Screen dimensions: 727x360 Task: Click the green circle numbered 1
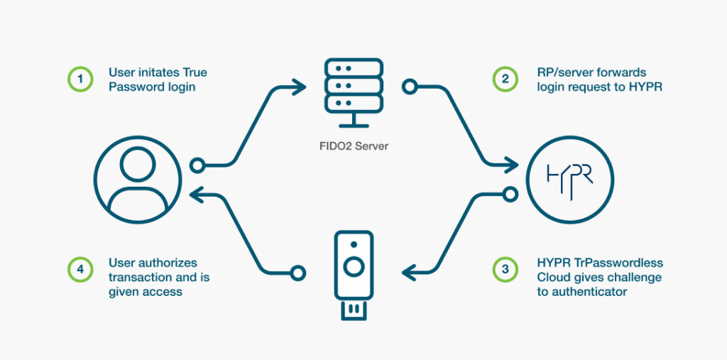click(80, 79)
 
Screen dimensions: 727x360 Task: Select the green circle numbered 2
click(505, 79)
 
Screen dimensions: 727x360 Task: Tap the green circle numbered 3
click(505, 269)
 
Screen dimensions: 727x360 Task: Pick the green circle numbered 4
click(80, 269)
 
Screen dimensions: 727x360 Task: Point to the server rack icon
click(353, 93)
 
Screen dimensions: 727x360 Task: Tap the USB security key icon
click(354, 275)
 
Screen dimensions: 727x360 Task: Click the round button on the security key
click(354, 268)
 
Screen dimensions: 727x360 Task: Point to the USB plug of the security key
click(354, 310)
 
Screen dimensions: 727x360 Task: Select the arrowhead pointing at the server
click(299, 87)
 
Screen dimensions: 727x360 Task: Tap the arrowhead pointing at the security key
click(410, 273)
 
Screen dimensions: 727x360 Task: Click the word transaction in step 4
click(137, 278)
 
